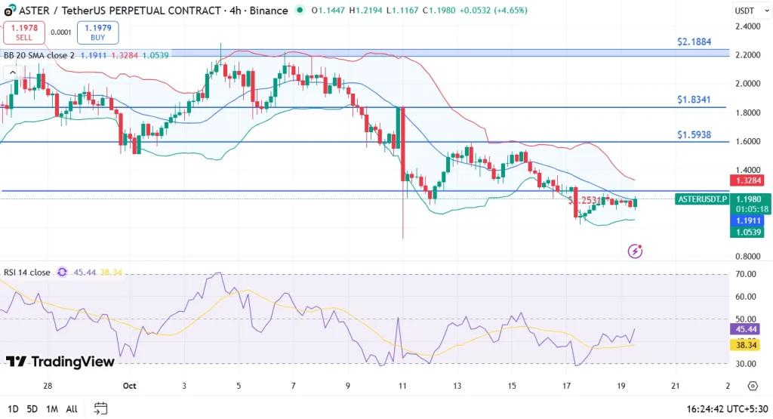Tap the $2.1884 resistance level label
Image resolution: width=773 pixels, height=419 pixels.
pos(694,42)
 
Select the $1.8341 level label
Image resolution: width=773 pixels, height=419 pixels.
pos(694,99)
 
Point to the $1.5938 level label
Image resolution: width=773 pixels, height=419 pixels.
pos(694,134)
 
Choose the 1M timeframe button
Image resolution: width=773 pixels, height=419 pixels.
pos(52,408)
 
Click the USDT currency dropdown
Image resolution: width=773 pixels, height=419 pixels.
pos(747,11)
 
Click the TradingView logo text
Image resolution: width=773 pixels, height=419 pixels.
pos(60,362)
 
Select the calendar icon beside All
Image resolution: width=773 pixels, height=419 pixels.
pos(100,408)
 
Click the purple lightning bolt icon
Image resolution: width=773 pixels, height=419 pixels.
pos(636,250)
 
